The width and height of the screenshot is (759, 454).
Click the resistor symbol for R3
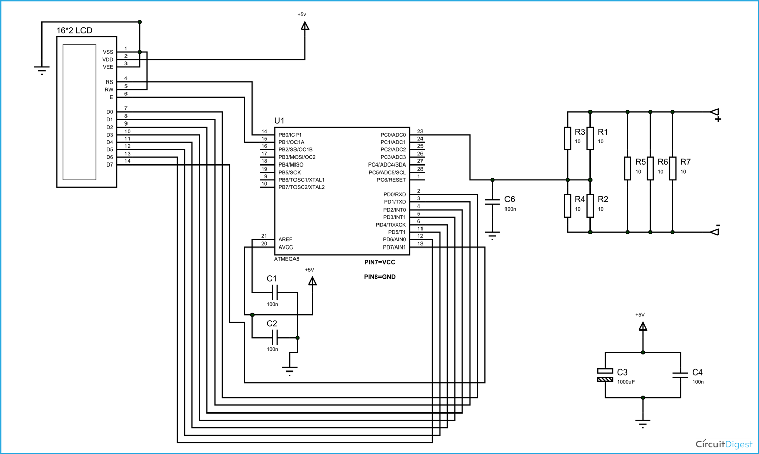click(x=567, y=138)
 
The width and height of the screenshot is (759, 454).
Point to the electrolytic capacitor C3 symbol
click(x=605, y=375)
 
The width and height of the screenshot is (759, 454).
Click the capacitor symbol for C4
click(x=680, y=375)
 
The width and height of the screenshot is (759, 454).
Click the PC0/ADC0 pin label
click(x=393, y=135)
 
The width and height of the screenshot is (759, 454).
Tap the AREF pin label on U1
click(x=285, y=239)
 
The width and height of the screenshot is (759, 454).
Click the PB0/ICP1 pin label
click(x=290, y=135)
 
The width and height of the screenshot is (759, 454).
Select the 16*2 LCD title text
click(x=74, y=31)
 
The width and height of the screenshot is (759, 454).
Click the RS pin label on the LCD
click(x=109, y=82)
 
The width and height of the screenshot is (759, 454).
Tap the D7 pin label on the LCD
click(x=109, y=165)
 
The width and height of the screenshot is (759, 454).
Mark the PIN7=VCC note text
click(x=379, y=262)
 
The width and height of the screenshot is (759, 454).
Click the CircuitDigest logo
click(x=724, y=444)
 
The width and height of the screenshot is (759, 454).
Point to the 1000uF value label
click(x=626, y=382)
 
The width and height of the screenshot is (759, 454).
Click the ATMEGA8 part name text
click(x=286, y=259)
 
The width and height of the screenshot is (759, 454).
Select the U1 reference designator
click(x=279, y=121)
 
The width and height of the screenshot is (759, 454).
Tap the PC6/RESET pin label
click(x=391, y=180)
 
